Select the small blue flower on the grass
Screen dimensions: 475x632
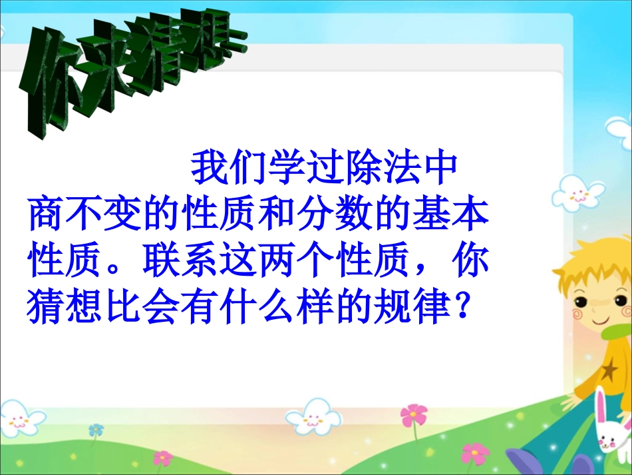pyautogui.click(x=97, y=430)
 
